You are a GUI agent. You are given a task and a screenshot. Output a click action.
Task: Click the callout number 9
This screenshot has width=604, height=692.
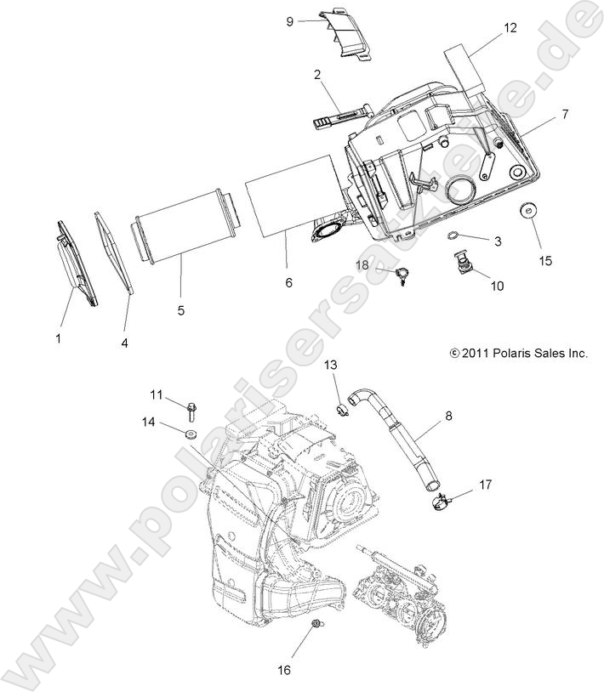[290, 21]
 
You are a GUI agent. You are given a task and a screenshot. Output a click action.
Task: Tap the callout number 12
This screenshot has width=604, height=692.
[509, 27]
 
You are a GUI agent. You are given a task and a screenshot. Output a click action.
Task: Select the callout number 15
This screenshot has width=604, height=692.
[544, 260]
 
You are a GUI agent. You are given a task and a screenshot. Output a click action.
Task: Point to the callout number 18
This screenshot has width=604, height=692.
[362, 265]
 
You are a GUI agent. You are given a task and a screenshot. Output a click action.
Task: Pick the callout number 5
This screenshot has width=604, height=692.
[181, 310]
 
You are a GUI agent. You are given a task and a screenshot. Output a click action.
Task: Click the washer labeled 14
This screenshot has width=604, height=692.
[190, 436]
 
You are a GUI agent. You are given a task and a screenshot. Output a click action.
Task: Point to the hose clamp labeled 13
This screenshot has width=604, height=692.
[343, 411]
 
